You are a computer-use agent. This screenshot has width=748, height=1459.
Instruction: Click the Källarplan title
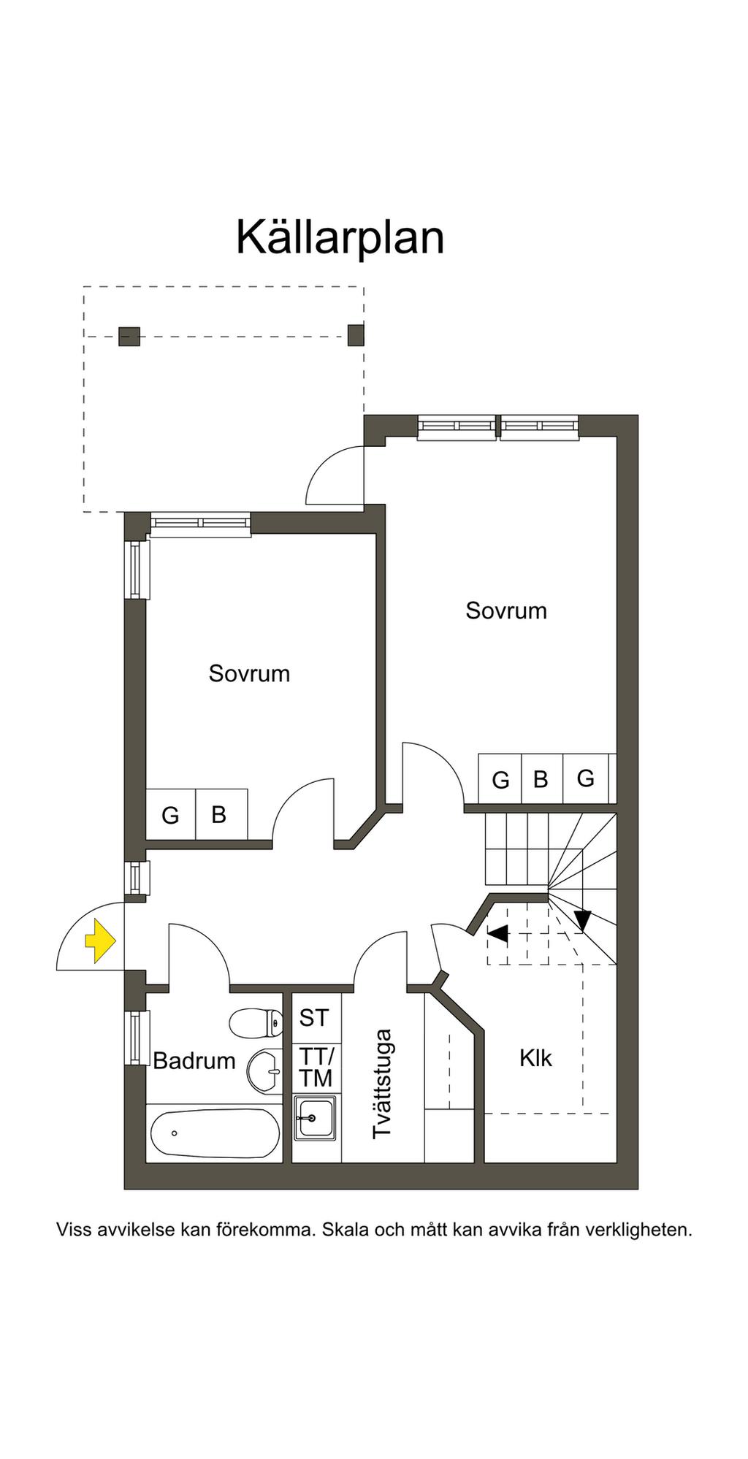[340, 237]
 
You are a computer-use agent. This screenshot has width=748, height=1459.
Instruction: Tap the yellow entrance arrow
[100, 941]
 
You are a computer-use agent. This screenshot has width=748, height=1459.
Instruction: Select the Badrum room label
[194, 1060]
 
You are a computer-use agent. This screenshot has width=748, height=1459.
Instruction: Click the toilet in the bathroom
[256, 1023]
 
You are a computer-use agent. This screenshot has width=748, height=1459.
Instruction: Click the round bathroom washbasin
[264, 1071]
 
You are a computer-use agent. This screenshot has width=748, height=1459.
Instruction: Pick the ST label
[314, 1018]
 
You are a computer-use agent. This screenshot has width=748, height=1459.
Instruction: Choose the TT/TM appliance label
[316, 1067]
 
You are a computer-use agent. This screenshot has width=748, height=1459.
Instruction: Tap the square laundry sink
[315, 1117]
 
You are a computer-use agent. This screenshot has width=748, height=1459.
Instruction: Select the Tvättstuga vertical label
[382, 1084]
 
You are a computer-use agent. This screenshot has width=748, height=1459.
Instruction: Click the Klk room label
[535, 1058]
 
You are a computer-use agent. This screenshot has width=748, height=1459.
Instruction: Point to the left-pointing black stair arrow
[497, 933]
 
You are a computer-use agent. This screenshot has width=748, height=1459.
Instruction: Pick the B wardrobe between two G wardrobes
[541, 779]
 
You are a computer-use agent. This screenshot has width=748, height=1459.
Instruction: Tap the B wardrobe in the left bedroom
[218, 814]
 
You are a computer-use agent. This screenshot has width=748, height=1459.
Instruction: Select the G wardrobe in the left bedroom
[170, 815]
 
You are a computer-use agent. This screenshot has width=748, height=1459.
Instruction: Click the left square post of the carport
[129, 336]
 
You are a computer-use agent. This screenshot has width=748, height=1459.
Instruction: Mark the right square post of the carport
[356, 335]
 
